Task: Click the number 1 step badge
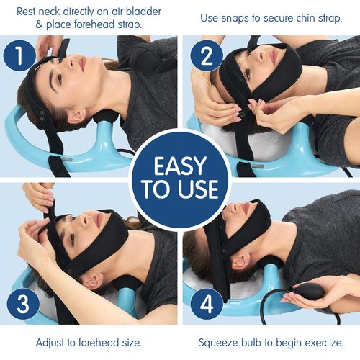click(x=19, y=55)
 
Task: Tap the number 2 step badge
click(x=207, y=55)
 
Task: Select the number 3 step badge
click(x=23, y=304)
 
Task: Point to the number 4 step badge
click(x=207, y=304)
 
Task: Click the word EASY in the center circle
click(x=180, y=166)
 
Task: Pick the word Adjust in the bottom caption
click(x=50, y=343)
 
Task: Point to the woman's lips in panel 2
click(x=273, y=56)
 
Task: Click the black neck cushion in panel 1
click(x=106, y=116)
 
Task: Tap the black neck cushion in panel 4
click(x=271, y=263)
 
